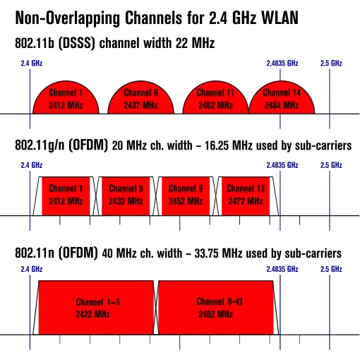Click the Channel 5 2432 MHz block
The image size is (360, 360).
click(x=126, y=196)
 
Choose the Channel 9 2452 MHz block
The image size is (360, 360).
click(x=186, y=196)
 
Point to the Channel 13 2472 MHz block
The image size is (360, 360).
click(x=246, y=196)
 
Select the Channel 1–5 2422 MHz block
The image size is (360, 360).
click(x=96, y=307)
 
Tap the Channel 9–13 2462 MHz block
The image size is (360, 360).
click(x=216, y=307)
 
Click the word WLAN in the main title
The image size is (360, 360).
click(x=280, y=18)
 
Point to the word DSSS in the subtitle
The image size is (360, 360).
click(x=76, y=43)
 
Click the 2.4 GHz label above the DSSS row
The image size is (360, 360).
click(x=32, y=64)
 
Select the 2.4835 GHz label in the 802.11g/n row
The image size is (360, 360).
click(x=282, y=165)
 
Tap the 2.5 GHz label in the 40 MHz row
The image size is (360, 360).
click(x=331, y=269)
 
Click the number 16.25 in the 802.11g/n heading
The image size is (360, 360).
click(x=217, y=145)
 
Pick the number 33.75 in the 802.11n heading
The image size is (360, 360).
click(x=207, y=253)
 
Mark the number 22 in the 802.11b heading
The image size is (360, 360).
click(x=181, y=43)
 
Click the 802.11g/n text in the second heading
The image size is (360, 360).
click(x=40, y=145)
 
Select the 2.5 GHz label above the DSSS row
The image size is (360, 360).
click(x=331, y=64)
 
